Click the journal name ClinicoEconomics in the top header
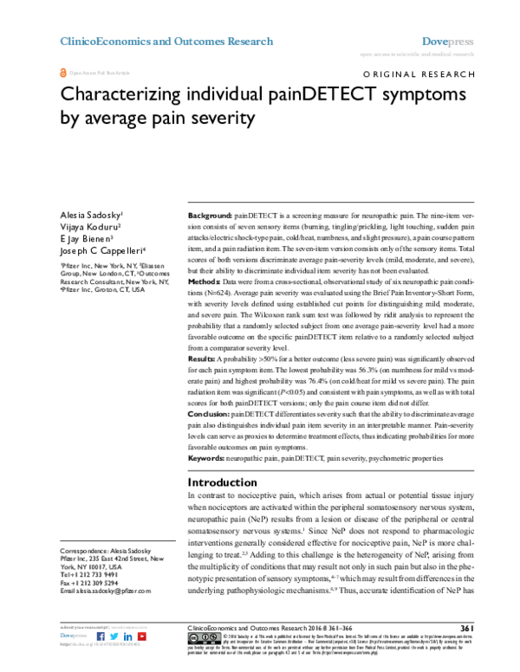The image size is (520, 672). click(99, 42)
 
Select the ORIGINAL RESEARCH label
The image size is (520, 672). click(419, 76)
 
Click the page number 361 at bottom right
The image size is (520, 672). click(465, 628)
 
